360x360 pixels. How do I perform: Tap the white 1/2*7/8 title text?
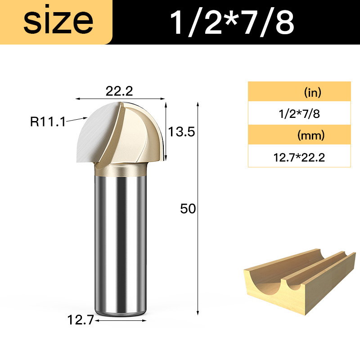[232, 23]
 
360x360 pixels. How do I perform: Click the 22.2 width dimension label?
[119, 91]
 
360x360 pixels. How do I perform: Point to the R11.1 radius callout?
[48, 121]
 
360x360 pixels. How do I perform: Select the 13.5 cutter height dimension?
[181, 132]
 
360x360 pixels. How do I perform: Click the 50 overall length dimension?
[188, 209]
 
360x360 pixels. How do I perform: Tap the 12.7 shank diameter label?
[81, 320]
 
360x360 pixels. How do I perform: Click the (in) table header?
[312, 93]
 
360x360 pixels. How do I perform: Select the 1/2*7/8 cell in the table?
[299, 114]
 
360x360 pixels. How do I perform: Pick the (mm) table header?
[311, 135]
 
